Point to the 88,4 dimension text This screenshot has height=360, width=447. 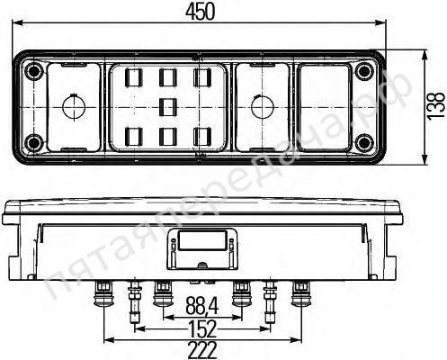pyautogui.click(x=202, y=304)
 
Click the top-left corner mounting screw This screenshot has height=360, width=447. pyautogui.click(x=33, y=72)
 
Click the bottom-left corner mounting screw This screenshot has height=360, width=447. pyautogui.click(x=33, y=142)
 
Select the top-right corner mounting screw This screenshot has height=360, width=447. pyautogui.click(x=363, y=72)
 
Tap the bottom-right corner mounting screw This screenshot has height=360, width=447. pyautogui.click(x=363, y=142)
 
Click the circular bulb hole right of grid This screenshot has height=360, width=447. pyautogui.click(x=261, y=107)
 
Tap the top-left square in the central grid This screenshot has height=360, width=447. pyautogui.click(x=134, y=77)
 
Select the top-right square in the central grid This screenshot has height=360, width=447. pyautogui.click(x=202, y=77)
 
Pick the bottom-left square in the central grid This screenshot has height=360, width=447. pyautogui.click(x=134, y=136)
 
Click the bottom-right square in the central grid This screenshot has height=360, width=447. pyautogui.click(x=202, y=136)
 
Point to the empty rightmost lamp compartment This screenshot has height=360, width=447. pyautogui.click(x=325, y=107)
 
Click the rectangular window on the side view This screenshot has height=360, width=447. pyautogui.click(x=201, y=241)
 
